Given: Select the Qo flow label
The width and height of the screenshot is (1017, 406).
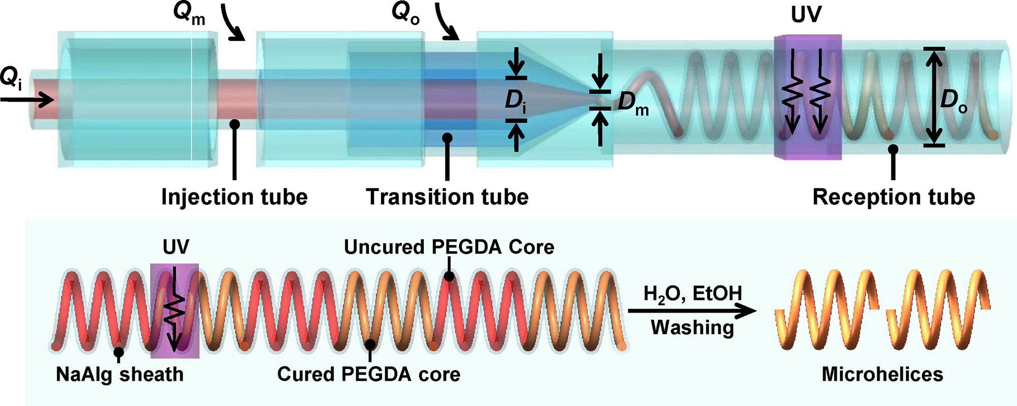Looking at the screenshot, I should coord(405,14).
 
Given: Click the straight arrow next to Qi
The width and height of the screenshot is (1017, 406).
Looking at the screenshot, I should coord(28,99).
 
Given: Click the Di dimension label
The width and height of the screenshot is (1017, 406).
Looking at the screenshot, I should coord(516,100).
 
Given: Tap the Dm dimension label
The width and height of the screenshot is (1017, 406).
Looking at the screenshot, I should coord(633,103).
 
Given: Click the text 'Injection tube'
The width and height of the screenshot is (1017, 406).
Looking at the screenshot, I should coord(234,197).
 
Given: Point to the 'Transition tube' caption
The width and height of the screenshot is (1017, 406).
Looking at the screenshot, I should coord(447,197).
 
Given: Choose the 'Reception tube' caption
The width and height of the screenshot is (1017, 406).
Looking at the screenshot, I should coord(894,197).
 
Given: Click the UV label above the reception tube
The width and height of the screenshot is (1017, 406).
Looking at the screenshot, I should coord(806,15).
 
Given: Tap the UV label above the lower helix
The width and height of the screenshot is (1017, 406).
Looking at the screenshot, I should coord(176,247).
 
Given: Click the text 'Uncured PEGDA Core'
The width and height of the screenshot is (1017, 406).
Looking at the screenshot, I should coord(449,247).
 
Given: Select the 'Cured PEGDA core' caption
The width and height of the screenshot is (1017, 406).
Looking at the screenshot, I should coord(369,374).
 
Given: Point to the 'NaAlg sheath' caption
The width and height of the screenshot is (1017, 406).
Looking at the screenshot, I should coord(119,374).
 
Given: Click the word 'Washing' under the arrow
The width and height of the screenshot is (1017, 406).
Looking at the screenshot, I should coord(692,327).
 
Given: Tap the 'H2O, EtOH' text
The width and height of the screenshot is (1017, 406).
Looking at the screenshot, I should coord(693,293).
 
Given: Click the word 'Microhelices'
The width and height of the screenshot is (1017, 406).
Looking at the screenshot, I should coord(882,374).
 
